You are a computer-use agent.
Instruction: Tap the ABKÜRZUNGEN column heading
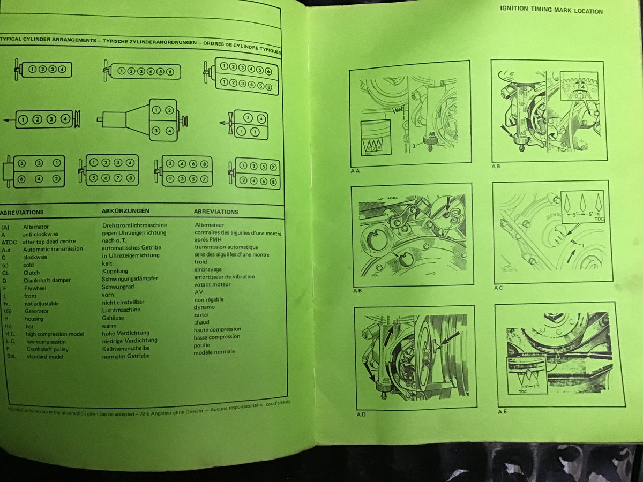(x=125, y=211)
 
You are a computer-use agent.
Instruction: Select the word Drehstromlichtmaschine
(x=134, y=225)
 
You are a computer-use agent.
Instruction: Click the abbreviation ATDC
(x=9, y=242)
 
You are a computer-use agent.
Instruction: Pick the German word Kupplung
(x=115, y=272)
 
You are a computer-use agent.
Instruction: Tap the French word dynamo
(x=204, y=307)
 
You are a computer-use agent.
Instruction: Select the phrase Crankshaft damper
(x=47, y=280)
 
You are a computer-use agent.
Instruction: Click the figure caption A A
(x=355, y=171)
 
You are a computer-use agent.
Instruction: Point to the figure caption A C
(x=498, y=288)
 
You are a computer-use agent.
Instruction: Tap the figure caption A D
(x=361, y=415)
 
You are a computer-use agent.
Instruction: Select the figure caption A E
(x=502, y=411)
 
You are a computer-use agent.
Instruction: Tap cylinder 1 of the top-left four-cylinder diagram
(x=33, y=69)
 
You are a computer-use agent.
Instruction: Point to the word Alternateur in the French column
(x=209, y=225)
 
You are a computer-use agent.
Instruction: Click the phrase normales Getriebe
(x=126, y=356)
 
